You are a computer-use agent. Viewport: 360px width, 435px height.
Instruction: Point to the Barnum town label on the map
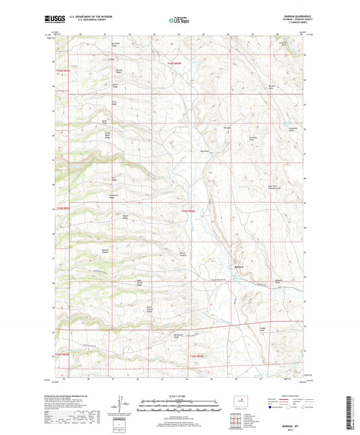tap(238, 266)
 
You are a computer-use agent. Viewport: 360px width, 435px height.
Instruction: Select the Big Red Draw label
tap(273, 86)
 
